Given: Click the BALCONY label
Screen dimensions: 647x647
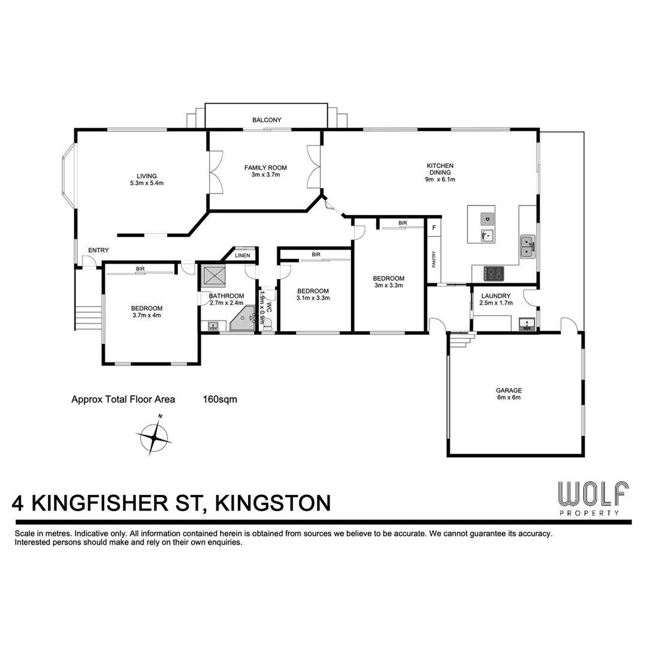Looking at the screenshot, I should tap(267, 120).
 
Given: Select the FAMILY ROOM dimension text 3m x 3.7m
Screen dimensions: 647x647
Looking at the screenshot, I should tap(265, 175).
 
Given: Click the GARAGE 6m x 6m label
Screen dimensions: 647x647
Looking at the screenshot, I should tap(509, 393).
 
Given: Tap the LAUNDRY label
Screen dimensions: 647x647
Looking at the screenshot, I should tap(495, 295).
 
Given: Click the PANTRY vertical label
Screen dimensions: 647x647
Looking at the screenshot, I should tap(434, 259).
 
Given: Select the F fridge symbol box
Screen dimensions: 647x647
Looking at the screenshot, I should tap(434, 227).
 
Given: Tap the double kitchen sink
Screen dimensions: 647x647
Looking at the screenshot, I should tap(528, 245).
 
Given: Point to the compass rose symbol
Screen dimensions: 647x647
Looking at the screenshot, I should tap(155, 439).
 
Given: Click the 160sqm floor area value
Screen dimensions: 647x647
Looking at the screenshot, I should tap(220, 399).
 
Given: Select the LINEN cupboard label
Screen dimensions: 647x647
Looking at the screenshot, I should tap(243, 255).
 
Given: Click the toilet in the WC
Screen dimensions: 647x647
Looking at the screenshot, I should tap(268, 323).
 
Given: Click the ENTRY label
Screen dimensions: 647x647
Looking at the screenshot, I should tap(98, 250).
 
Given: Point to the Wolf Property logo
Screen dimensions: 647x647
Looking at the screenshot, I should tap(593, 497).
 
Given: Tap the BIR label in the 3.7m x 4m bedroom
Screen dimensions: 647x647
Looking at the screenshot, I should tap(140, 269).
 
